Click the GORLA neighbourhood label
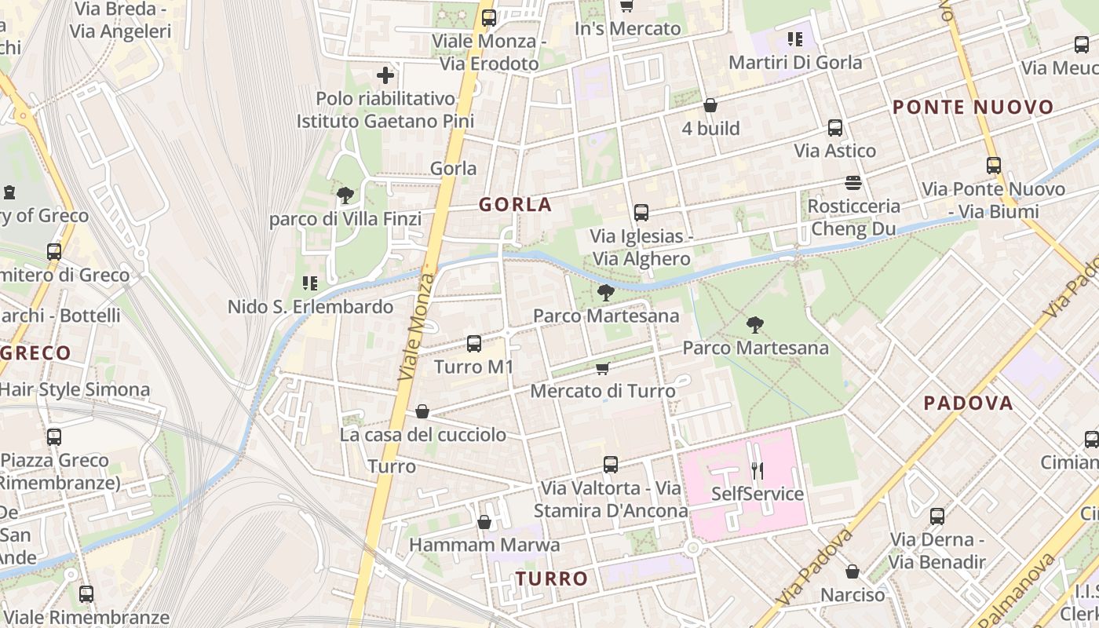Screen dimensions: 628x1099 pyautogui.click(x=516, y=205)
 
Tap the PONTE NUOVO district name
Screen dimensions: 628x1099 pyautogui.click(x=973, y=108)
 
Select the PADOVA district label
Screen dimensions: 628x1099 pyautogui.click(x=968, y=403)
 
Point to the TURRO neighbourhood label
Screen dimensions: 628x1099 pyautogui.click(x=552, y=579)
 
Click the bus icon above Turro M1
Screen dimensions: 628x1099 pyautogui.click(x=474, y=344)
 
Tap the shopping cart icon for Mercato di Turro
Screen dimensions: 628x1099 pyautogui.click(x=603, y=368)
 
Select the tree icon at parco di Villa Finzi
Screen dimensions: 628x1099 pyautogui.click(x=344, y=195)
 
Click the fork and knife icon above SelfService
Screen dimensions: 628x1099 pyautogui.click(x=758, y=470)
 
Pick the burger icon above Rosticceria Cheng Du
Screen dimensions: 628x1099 pyautogui.click(x=854, y=183)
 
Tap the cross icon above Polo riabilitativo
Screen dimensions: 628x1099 pyautogui.click(x=385, y=75)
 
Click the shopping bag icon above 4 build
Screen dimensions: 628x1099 pyautogui.click(x=710, y=105)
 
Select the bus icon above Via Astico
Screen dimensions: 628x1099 pyautogui.click(x=835, y=128)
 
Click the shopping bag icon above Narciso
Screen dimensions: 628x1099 pyautogui.click(x=853, y=571)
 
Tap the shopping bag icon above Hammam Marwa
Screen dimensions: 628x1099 pyautogui.click(x=484, y=522)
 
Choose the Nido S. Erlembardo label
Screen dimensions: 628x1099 pyautogui.click(x=310, y=307)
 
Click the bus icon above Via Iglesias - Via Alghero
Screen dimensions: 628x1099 pyautogui.click(x=641, y=213)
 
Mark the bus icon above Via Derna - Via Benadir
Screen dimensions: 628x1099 pyautogui.click(x=937, y=517)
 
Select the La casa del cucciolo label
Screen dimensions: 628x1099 pyautogui.click(x=423, y=434)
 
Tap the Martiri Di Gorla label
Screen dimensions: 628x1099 pyautogui.click(x=795, y=62)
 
